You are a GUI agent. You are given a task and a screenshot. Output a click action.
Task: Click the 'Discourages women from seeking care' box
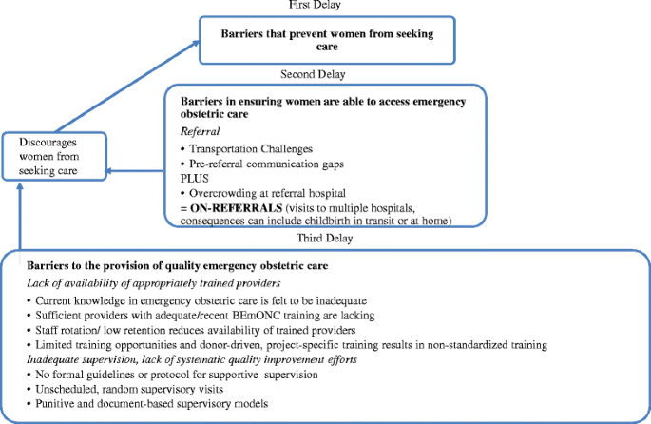click(x=54, y=155)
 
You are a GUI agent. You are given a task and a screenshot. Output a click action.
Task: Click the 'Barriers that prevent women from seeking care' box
click(x=325, y=39)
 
